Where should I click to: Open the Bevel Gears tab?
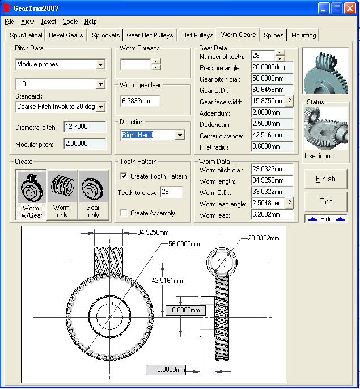66,35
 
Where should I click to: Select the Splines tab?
273,35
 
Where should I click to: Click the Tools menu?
70,22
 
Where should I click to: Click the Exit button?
325,201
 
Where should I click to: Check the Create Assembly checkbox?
124,213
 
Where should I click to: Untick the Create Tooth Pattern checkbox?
124,176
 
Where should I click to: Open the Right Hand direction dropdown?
180,136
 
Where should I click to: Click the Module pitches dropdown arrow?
100,65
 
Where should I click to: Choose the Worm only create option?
62,195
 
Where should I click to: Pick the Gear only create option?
93,195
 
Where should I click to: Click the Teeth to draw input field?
171,193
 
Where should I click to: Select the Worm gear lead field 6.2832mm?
140,102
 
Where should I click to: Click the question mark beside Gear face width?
289,102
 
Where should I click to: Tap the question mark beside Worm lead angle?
289,204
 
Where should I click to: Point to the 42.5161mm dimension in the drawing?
167,281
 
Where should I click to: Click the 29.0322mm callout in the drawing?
263,239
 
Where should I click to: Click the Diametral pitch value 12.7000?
85,127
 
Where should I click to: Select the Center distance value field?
272,136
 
